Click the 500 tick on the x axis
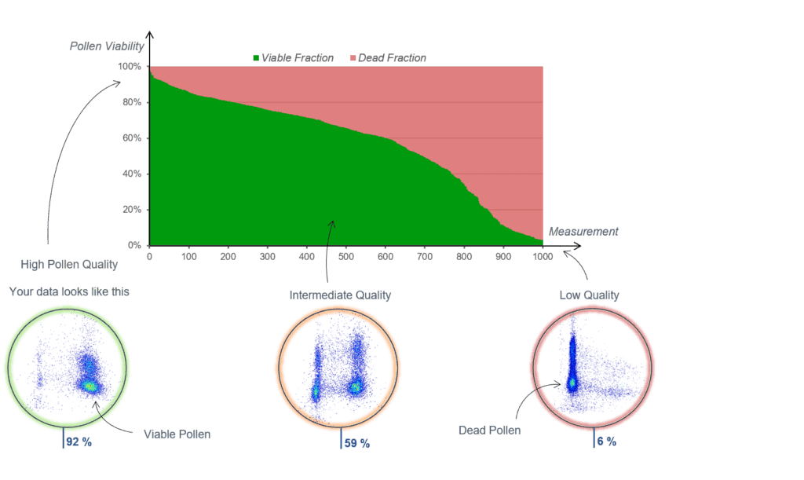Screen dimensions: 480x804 [346, 256]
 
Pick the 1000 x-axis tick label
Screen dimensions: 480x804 [542, 256]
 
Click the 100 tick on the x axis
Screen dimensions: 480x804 [189, 256]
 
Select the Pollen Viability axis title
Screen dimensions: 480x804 [107, 46]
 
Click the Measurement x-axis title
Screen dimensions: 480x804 [583, 232]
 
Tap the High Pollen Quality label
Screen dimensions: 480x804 [70, 265]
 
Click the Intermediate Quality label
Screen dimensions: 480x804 [341, 295]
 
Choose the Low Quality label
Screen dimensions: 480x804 [590, 295]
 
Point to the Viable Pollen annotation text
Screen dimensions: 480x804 [177, 434]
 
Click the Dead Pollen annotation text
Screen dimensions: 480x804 [490, 431]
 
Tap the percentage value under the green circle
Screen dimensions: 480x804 [79, 442]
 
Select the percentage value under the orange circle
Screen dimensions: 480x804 [357, 443]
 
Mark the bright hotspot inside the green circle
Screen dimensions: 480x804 [91, 386]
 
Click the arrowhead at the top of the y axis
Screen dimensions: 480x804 [149, 34]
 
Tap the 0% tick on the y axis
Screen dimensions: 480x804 [133, 245]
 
